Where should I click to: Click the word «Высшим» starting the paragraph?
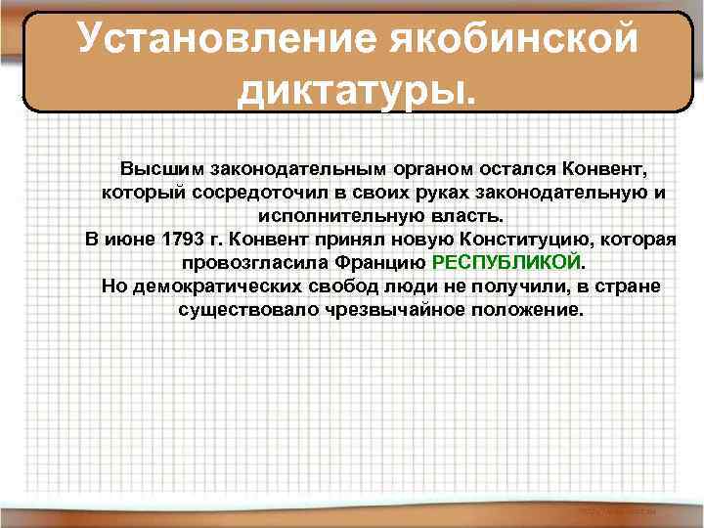154,168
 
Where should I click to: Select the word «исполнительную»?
327,215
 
